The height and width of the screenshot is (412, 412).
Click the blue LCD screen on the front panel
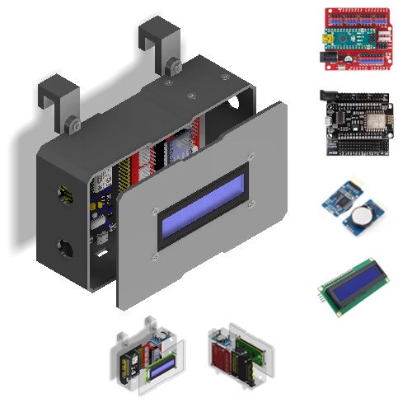coord(203,205)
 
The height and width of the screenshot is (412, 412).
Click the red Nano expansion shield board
coord(355,36)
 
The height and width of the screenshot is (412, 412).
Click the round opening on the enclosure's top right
coord(239,105)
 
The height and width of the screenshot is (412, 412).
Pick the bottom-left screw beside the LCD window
coord(156,258)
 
